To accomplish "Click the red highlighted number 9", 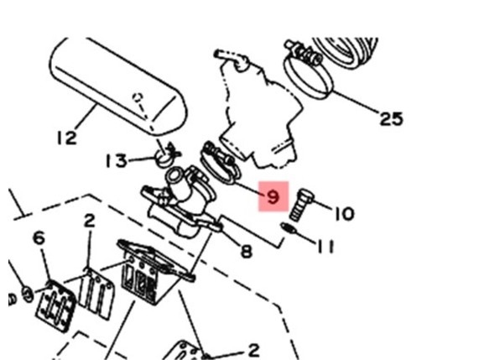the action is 273,196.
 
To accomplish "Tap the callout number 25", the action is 391,118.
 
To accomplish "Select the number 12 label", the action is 67,138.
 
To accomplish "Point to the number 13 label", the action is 116,161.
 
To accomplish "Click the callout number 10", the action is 345,214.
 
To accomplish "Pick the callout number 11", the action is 325,247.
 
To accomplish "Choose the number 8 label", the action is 247,252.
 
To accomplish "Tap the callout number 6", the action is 39,237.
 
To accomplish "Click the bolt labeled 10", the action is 301,205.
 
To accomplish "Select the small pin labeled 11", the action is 289,228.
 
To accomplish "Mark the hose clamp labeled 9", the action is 220,164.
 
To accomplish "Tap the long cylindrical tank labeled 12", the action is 117,86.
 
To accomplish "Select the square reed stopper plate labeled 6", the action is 56,306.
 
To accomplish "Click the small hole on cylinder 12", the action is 138,98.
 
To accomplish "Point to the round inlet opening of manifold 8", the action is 175,175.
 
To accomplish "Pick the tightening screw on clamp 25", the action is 304,53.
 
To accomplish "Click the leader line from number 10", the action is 323,206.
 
